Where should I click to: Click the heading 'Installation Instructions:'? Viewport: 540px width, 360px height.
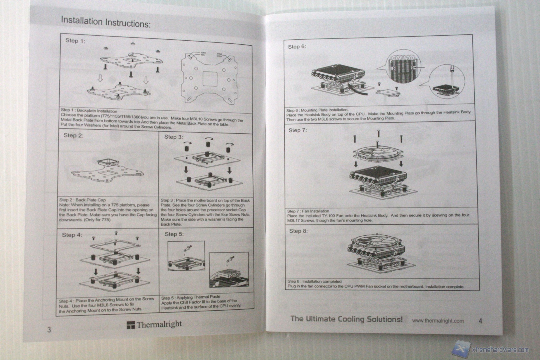[106, 22]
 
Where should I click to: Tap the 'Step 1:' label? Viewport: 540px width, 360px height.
[75, 41]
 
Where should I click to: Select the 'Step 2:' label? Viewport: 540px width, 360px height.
[73, 135]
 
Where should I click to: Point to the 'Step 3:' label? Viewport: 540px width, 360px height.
[174, 137]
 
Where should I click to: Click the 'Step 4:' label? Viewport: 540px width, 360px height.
[72, 235]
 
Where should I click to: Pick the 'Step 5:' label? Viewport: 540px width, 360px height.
[174, 234]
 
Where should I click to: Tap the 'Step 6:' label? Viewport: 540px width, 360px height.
[297, 47]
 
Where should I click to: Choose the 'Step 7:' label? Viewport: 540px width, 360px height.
[297, 130]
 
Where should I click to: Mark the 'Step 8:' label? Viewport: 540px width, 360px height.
[298, 231]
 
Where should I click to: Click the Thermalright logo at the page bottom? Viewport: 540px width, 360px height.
[154, 324]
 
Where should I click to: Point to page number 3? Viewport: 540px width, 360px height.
[49, 329]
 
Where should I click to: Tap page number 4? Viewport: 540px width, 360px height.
[480, 321]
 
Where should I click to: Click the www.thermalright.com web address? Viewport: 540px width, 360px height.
[438, 321]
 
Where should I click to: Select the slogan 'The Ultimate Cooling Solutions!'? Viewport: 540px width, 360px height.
[346, 319]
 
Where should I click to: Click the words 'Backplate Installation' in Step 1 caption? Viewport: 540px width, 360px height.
[97, 111]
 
